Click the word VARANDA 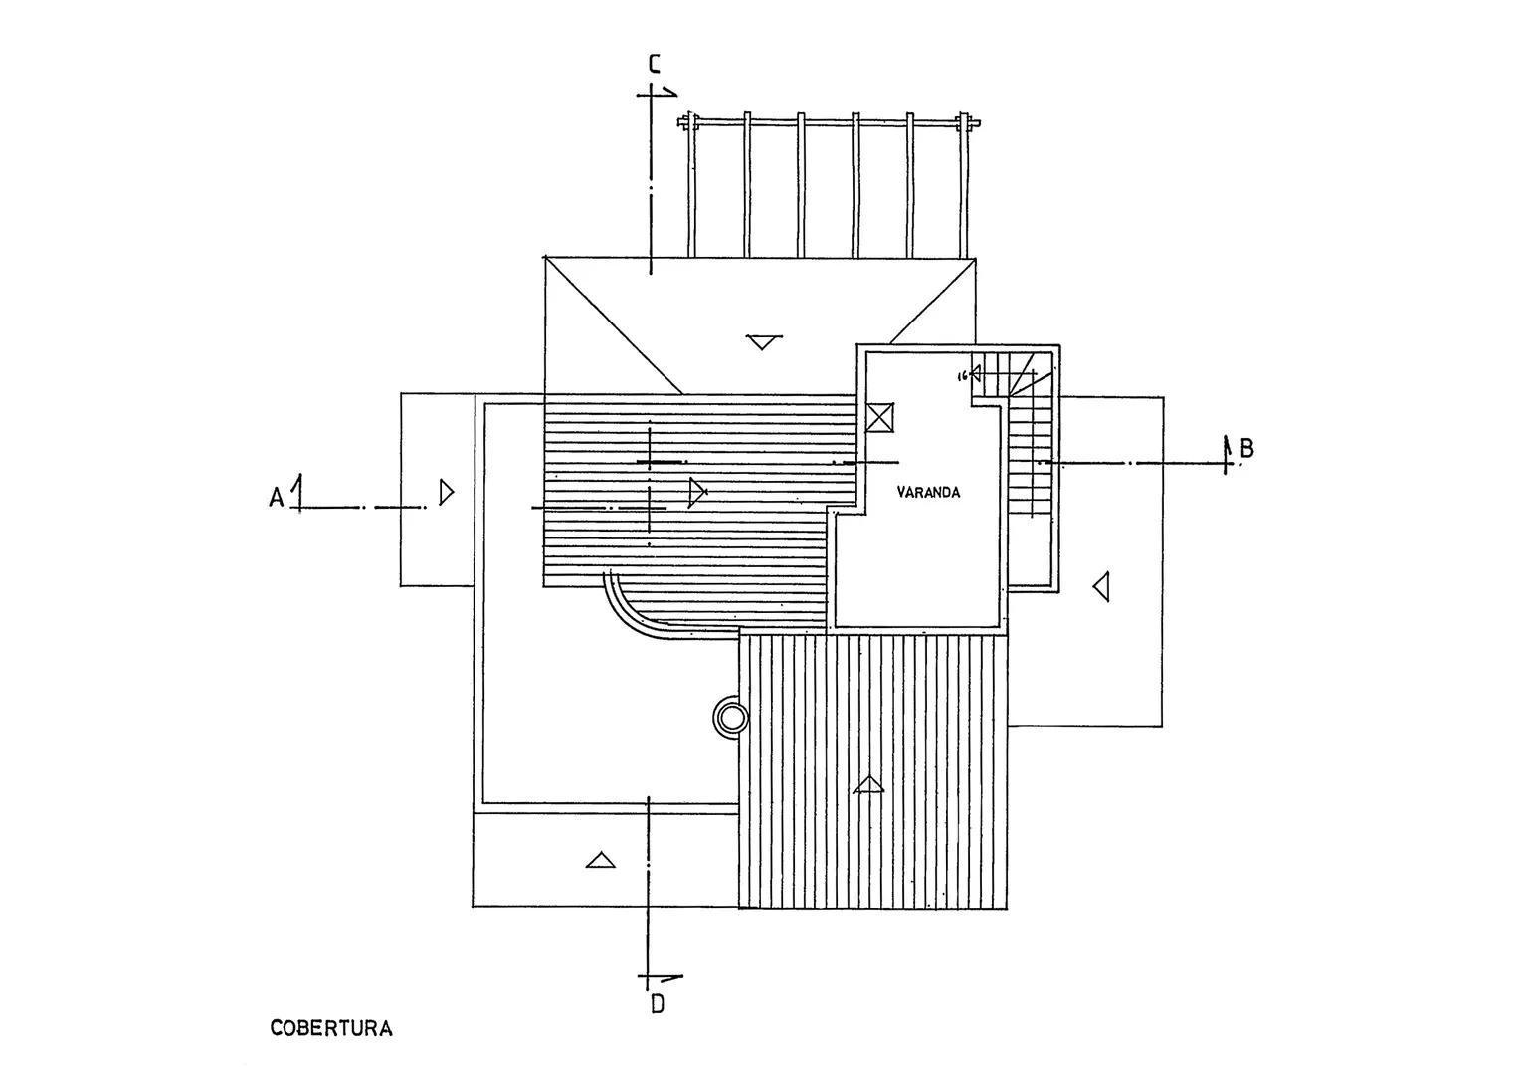pos(928,492)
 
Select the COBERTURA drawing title pos(331,1028)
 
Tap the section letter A pos(276,496)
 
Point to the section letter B pos(1246,449)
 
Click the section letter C pos(654,65)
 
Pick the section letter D pos(657,1003)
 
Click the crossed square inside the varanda pos(880,417)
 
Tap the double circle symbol pos(731,717)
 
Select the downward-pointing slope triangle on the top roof pos(762,342)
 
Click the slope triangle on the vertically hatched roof pos(869,784)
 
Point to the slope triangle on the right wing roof pos(1101,586)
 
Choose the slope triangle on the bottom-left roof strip pos(600,859)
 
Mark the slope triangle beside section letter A pos(447,492)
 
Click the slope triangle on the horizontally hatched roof pos(697,491)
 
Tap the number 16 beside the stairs pos(961,376)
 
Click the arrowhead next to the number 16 pos(976,373)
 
